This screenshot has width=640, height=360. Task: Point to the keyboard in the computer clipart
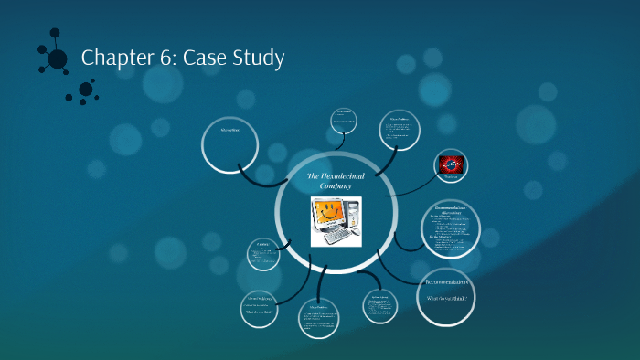(x=335, y=236)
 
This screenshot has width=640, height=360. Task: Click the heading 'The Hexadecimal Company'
(x=336, y=180)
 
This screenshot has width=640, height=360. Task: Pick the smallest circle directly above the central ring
(x=343, y=121)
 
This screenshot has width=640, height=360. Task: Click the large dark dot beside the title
(x=58, y=58)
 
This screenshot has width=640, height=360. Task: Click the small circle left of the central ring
(x=265, y=256)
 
